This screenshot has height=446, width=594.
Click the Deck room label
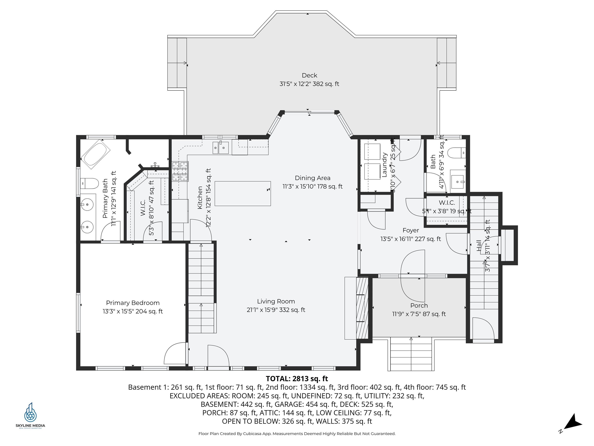pos(309,75)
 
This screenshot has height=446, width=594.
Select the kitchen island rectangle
pos(242,194)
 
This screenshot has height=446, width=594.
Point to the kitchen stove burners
pos(180,171)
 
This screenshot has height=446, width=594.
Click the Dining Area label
pos(312,178)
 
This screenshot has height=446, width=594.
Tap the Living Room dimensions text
pos(276,310)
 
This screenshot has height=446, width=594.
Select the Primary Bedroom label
pos(133,303)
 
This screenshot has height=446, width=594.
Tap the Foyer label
pos(411,230)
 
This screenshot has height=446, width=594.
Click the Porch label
pos(419,306)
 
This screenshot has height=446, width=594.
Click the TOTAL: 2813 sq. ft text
pos(297,378)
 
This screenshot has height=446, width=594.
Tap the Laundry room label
pos(384,165)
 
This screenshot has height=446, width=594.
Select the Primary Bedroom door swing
pos(175,353)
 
